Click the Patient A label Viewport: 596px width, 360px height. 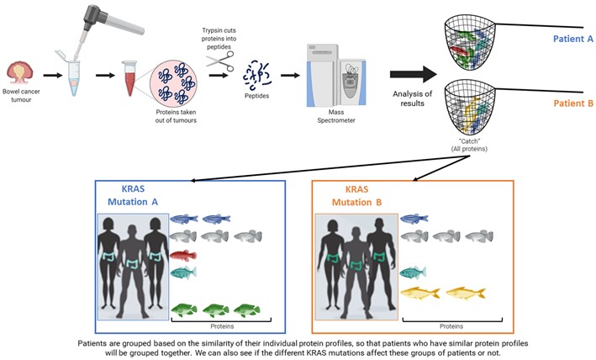[x=575, y=39]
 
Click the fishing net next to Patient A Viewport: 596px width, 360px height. [x=470, y=40]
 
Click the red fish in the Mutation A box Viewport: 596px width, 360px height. [x=182, y=255]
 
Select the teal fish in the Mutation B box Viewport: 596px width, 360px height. [x=412, y=272]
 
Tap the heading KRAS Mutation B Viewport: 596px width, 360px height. [x=358, y=197]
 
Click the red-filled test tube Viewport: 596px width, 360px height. [x=129, y=75]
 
